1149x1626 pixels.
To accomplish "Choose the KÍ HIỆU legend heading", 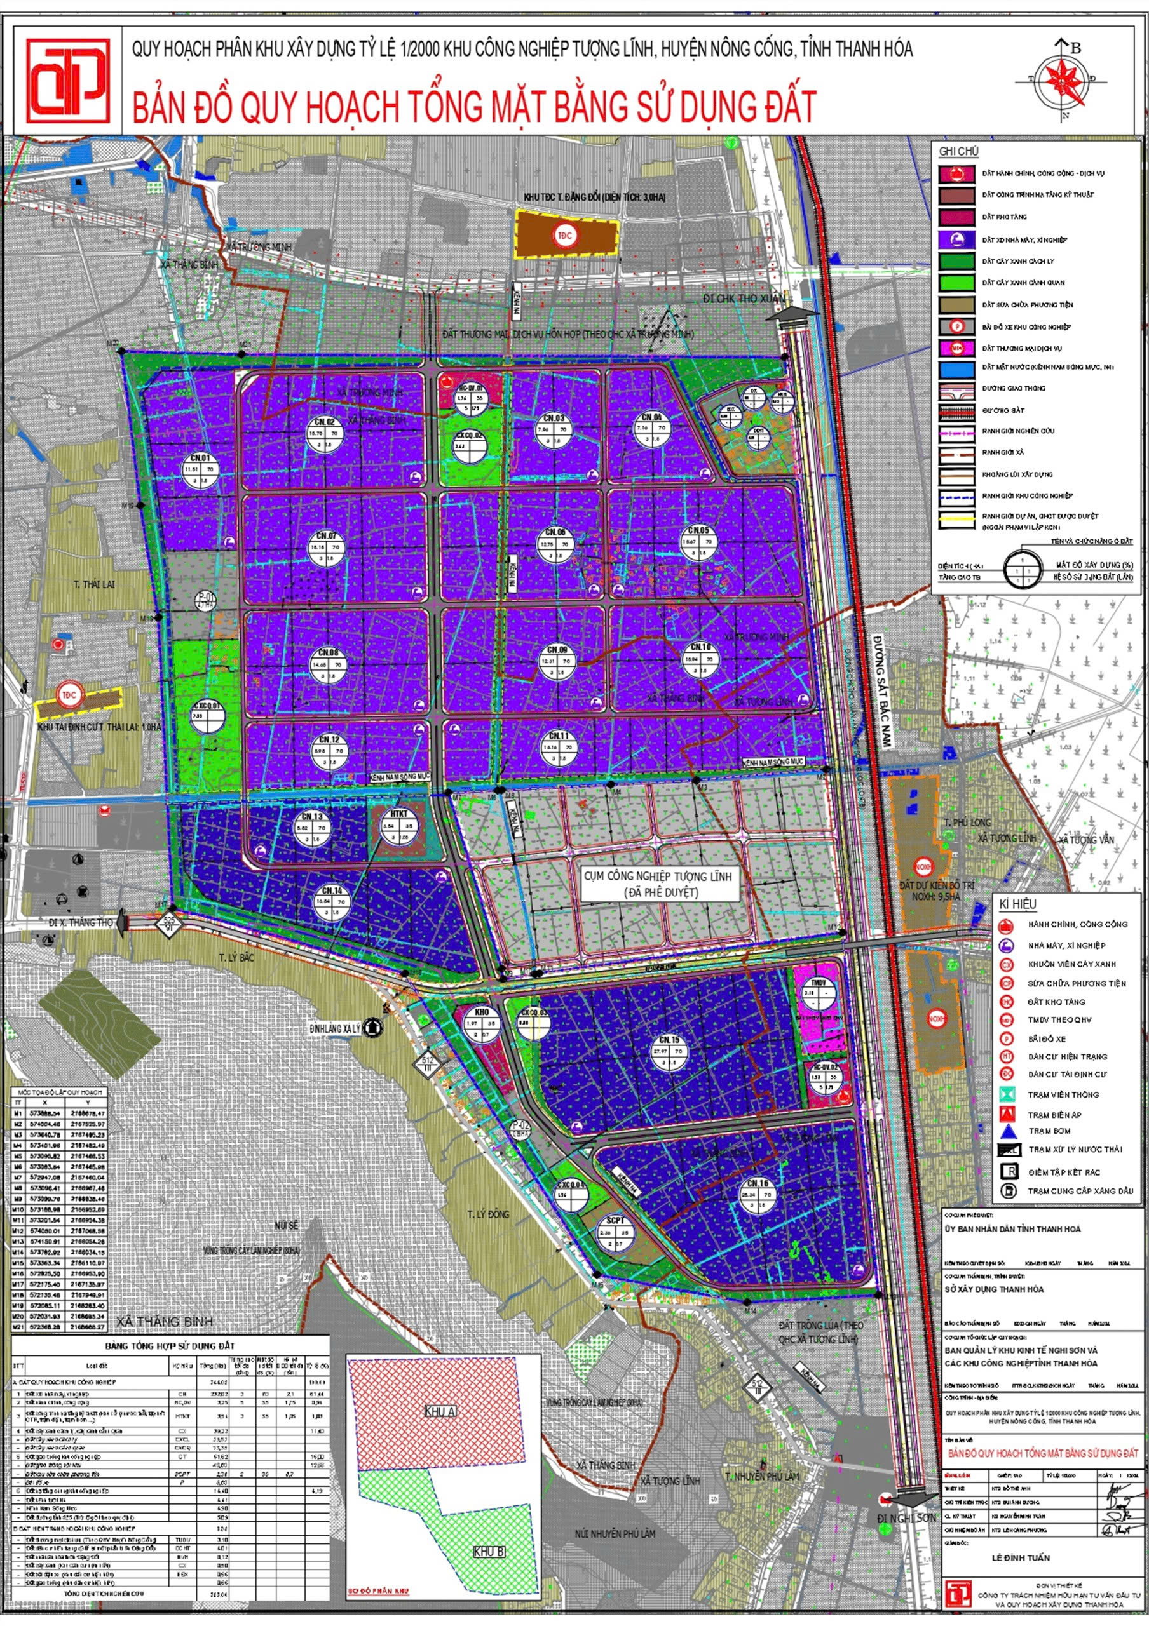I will pos(1017,904).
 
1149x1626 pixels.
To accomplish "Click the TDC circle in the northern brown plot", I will pos(563,236).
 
